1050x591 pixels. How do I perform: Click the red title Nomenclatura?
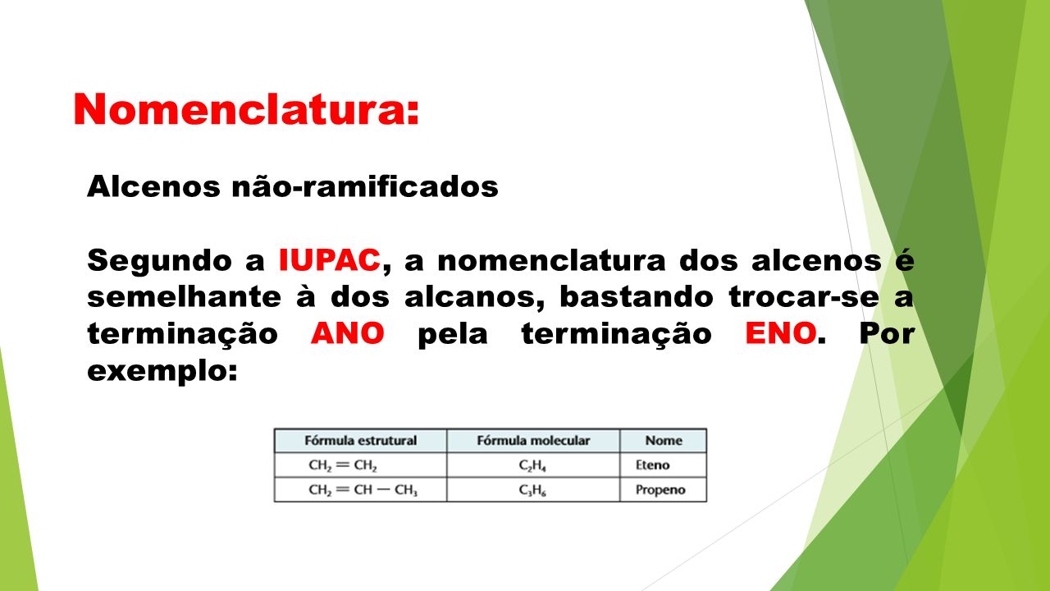(246, 109)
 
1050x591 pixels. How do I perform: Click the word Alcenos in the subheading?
(153, 186)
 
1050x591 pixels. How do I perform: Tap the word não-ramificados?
(365, 186)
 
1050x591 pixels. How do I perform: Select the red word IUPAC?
(329, 260)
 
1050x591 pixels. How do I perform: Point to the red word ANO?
(347, 333)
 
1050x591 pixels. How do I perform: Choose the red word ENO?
(780, 333)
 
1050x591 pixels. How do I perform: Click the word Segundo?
(159, 261)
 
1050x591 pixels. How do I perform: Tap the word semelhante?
(185, 297)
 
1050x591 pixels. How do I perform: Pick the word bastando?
(636, 297)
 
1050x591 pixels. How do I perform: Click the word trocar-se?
(803, 297)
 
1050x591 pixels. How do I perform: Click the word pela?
(453, 334)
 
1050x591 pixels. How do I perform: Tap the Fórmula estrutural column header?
(360, 441)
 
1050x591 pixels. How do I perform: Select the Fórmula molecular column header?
(533, 441)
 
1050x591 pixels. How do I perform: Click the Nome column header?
(664, 441)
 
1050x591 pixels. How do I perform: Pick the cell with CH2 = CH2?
(360, 465)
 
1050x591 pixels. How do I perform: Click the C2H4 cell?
(533, 465)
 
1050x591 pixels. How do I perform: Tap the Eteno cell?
(664, 465)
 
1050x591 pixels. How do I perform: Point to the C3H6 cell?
(533, 490)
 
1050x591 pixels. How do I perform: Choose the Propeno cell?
(664, 490)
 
